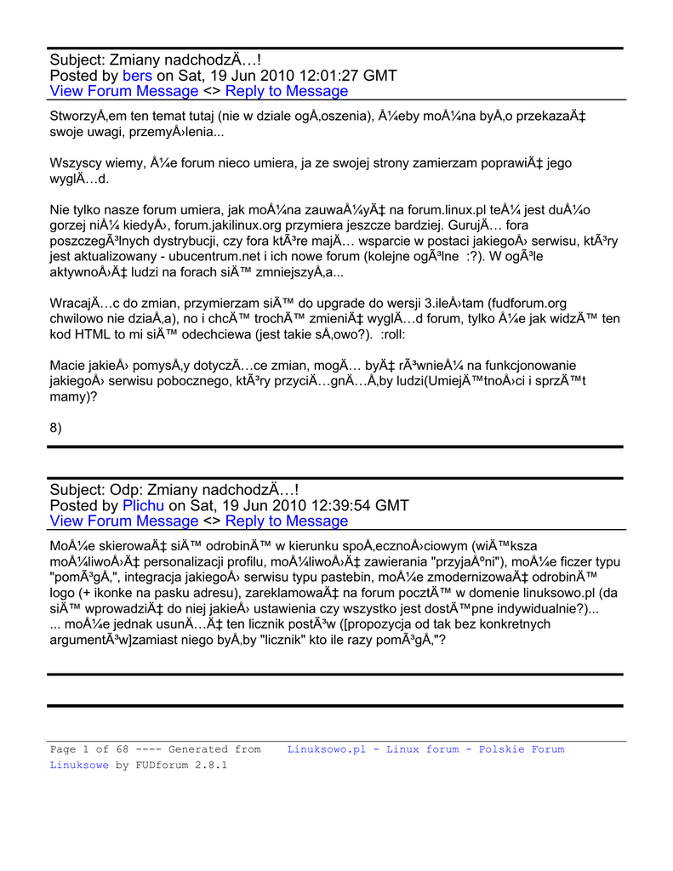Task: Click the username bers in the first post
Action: click(138, 76)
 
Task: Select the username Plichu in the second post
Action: click(144, 505)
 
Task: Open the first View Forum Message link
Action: click(124, 91)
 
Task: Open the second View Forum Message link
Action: click(124, 521)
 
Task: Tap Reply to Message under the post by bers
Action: click(287, 91)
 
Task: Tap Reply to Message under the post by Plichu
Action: click(287, 521)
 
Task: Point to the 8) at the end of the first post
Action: click(56, 428)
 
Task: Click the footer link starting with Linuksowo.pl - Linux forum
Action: click(425, 749)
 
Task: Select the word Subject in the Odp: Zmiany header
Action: click(77, 490)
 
